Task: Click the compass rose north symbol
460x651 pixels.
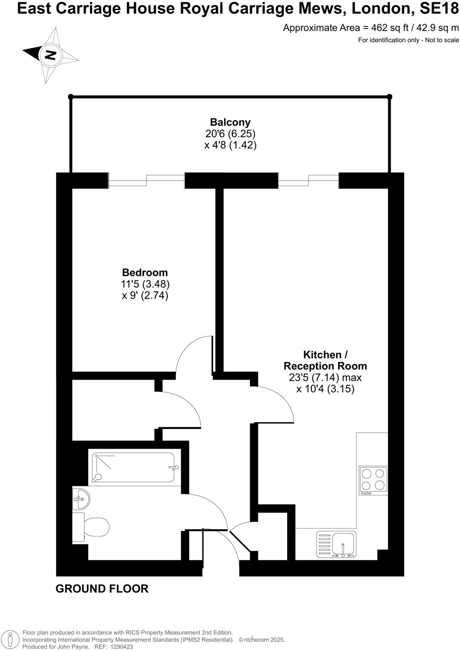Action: click(51, 55)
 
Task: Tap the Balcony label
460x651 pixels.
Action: click(230, 122)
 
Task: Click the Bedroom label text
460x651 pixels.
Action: click(145, 272)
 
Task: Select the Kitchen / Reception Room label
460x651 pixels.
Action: click(325, 360)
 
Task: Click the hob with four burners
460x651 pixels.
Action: click(373, 479)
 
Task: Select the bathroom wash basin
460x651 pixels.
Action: click(80, 498)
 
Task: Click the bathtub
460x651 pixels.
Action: click(134, 468)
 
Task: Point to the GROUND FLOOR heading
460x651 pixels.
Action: click(102, 589)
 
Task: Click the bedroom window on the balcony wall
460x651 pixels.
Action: click(147, 180)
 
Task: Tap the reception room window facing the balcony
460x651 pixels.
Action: click(309, 180)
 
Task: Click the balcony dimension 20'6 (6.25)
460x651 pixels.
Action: click(230, 134)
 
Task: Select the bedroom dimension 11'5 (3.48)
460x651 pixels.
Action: click(145, 284)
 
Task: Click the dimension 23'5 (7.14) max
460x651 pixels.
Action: click(325, 377)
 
